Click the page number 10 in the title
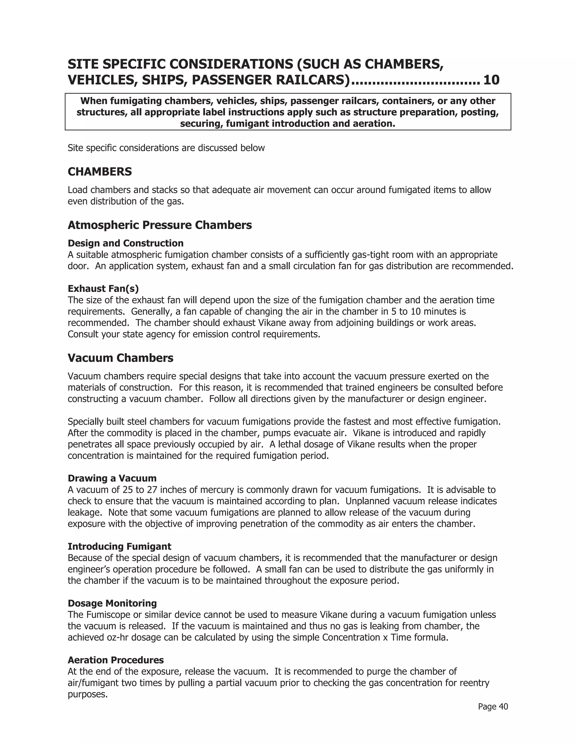[x=491, y=80]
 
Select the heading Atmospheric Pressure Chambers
[x=160, y=225]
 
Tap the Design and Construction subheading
[x=125, y=243]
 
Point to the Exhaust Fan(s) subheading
[x=103, y=289]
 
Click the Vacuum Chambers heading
[x=120, y=358]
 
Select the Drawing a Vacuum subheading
[x=112, y=478]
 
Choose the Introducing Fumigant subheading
[x=120, y=547]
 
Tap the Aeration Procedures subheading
[x=116, y=660]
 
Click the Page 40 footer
[x=493, y=706]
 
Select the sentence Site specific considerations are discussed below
[x=166, y=148]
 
